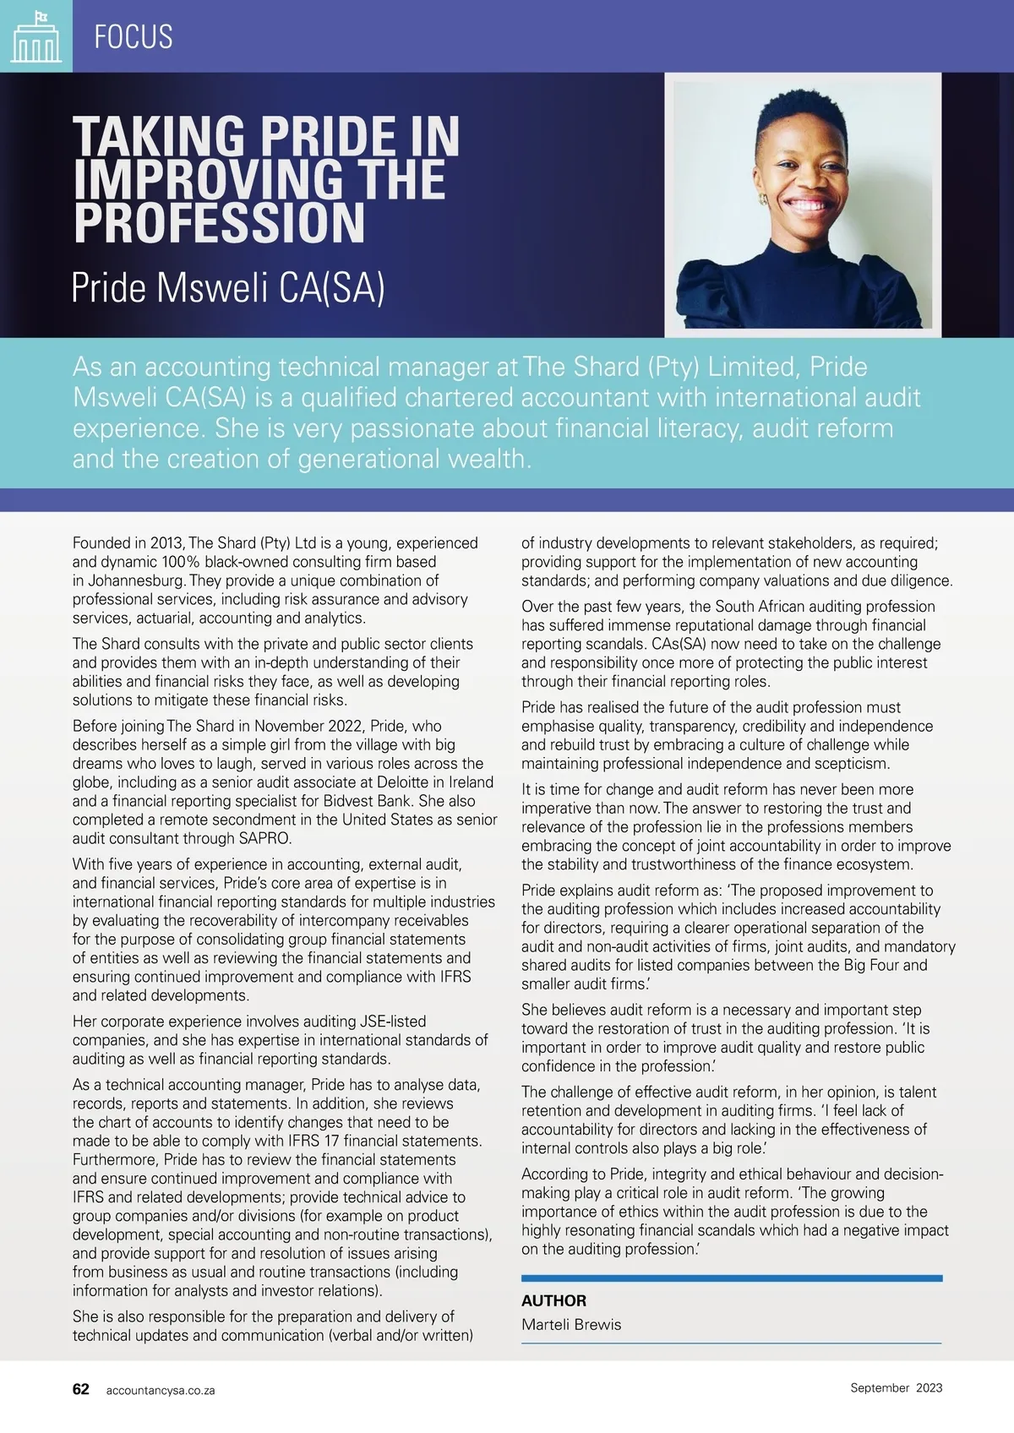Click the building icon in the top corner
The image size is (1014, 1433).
(35, 38)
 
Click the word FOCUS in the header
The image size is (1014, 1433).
(134, 37)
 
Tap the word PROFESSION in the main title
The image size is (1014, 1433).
(220, 222)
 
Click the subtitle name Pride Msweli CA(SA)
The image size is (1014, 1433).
(228, 288)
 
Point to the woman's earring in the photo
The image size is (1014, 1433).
(763, 199)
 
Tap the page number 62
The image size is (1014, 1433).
(81, 1389)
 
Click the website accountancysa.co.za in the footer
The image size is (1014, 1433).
(161, 1390)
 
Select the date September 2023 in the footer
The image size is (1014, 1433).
(896, 1387)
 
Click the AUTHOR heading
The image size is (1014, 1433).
(553, 1300)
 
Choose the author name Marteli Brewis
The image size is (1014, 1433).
(571, 1324)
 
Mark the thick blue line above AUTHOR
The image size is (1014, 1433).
(732, 1278)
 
